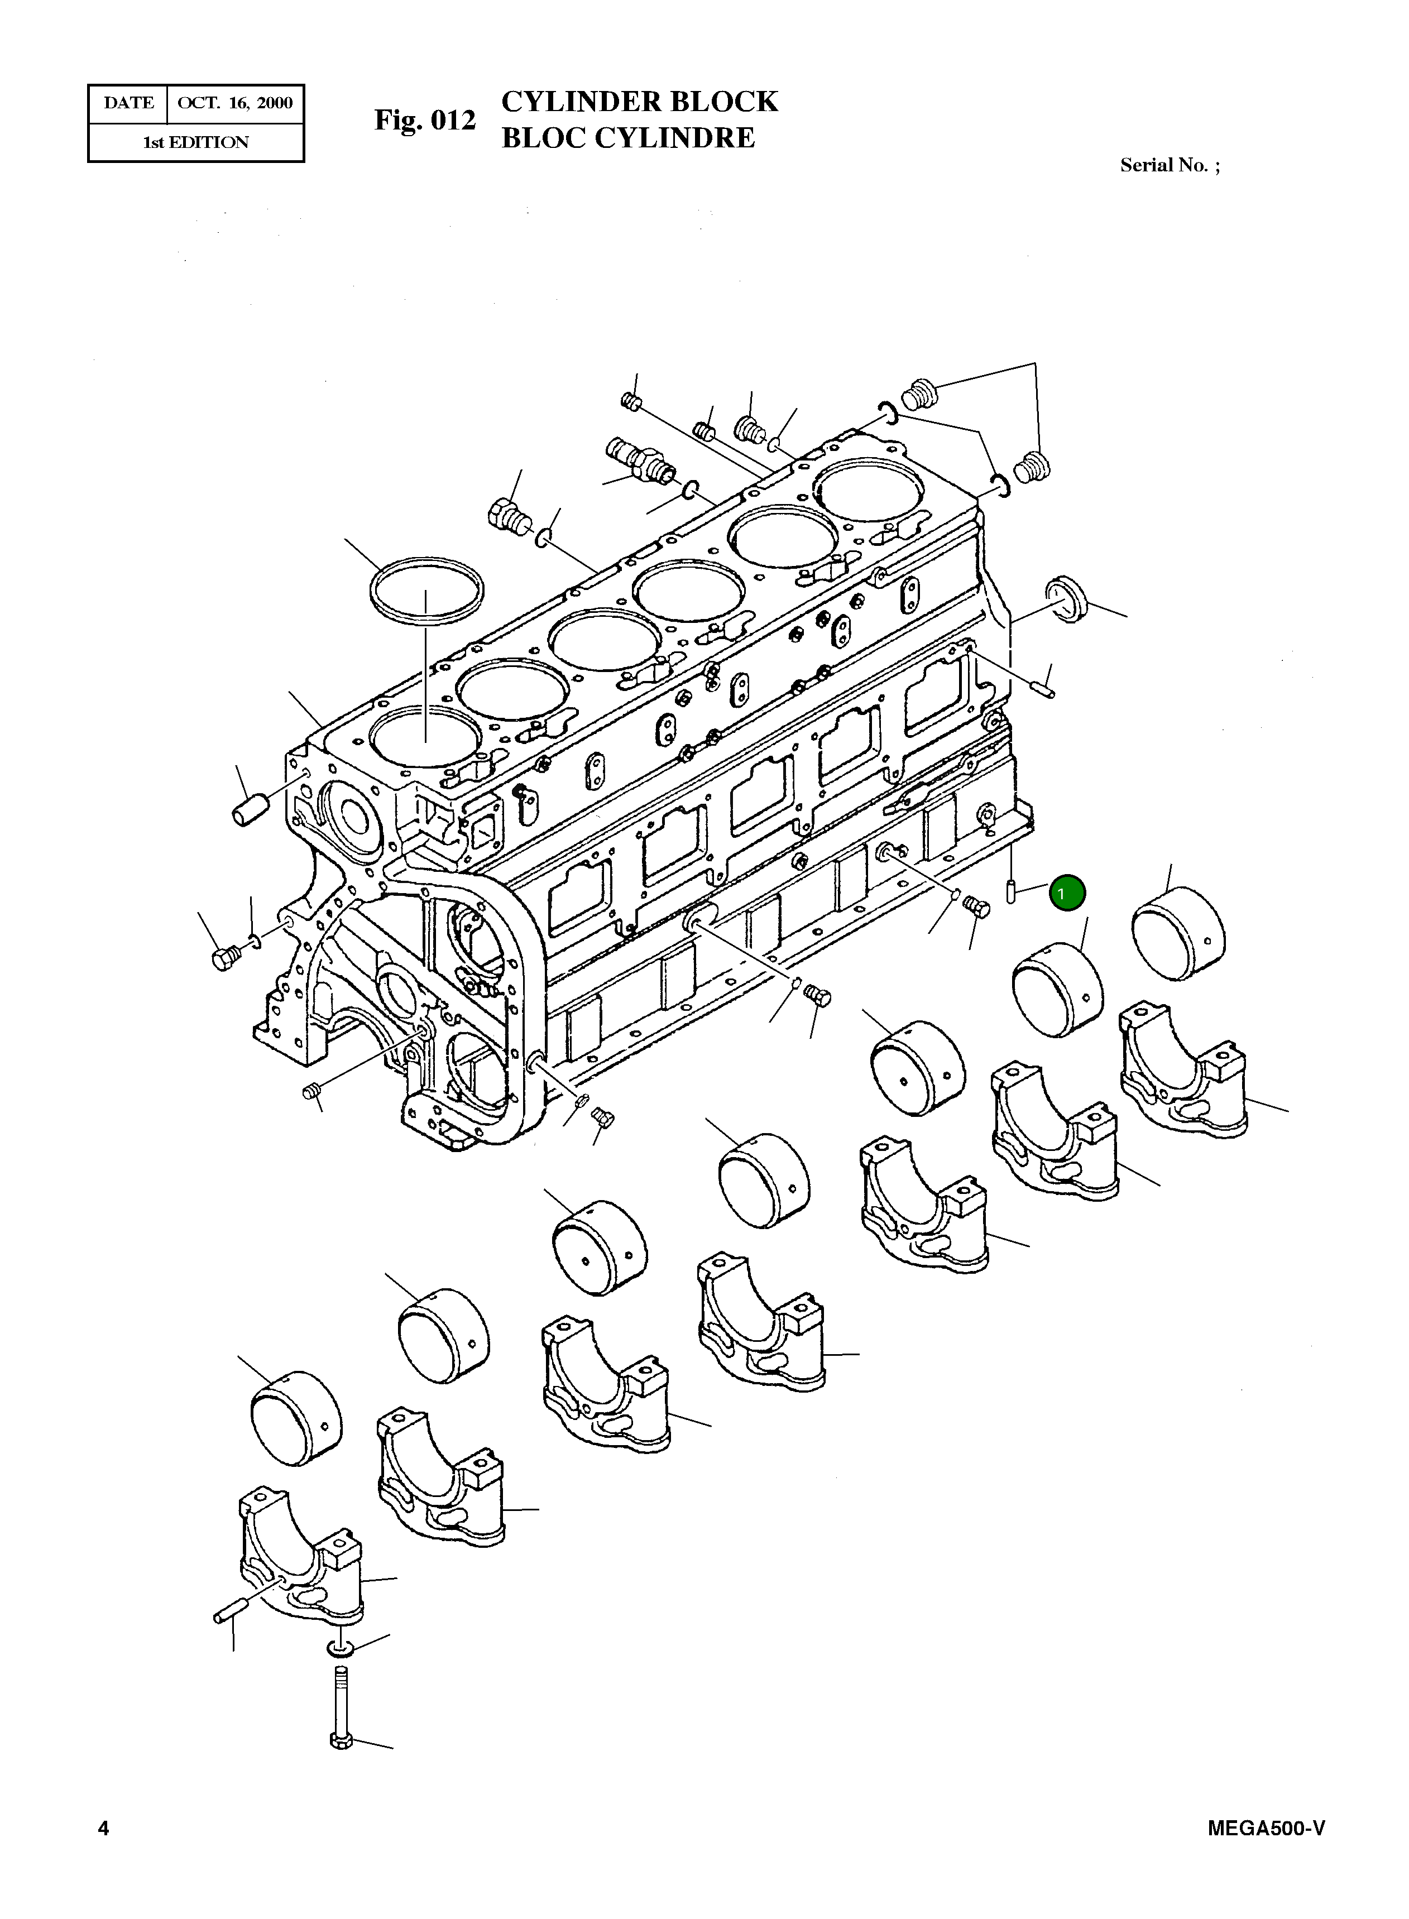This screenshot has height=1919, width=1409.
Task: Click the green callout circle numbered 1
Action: [x=1066, y=894]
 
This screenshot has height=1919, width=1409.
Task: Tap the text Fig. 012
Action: [x=425, y=120]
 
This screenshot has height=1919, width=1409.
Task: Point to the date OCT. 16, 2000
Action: [x=234, y=103]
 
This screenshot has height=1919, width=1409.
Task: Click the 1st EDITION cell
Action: [x=195, y=142]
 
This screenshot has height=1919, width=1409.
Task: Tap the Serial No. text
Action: [x=1170, y=165]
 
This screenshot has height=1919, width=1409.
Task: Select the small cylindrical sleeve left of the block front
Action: [x=249, y=809]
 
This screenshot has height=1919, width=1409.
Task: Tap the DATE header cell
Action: [x=129, y=103]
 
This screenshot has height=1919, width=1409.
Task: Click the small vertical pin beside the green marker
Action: [x=1010, y=889]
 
